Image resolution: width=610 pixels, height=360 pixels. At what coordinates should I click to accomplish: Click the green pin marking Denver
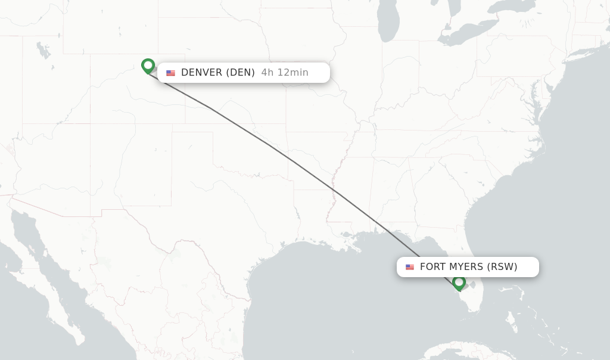(x=148, y=65)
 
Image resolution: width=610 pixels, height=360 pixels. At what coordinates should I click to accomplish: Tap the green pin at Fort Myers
(x=459, y=282)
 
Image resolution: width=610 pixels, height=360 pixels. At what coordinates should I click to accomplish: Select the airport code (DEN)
(x=241, y=73)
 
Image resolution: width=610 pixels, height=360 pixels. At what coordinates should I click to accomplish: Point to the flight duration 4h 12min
(x=285, y=73)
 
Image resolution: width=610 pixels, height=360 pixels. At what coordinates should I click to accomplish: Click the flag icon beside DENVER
(x=171, y=73)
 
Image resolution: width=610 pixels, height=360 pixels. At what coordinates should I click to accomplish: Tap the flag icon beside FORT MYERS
(x=410, y=267)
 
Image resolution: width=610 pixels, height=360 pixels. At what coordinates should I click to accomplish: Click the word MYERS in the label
(x=467, y=267)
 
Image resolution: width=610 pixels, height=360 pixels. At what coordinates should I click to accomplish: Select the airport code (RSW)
(x=502, y=267)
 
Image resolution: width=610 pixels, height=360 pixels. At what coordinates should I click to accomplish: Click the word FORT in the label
(x=432, y=267)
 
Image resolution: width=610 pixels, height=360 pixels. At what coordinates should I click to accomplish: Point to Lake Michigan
(x=388, y=24)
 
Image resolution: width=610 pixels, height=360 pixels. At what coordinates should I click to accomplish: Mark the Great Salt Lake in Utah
(x=43, y=51)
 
